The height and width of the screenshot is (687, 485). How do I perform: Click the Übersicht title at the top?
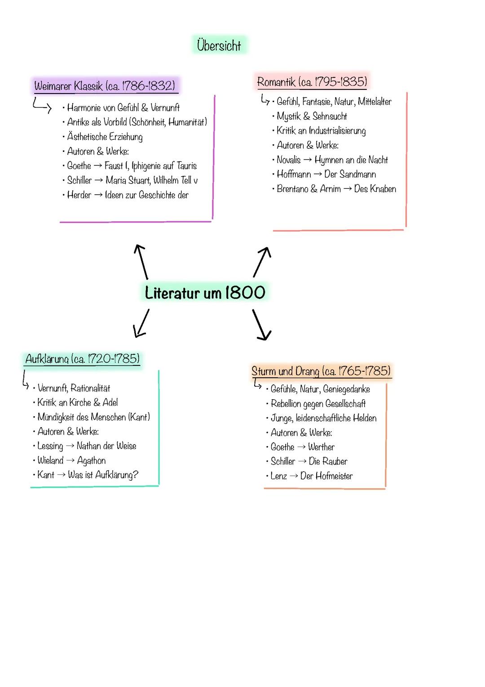pos(219,45)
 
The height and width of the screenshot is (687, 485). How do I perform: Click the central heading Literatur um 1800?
pos(205,293)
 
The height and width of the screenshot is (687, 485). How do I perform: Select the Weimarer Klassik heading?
pos(104,85)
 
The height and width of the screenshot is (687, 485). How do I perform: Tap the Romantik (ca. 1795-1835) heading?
pos(312,82)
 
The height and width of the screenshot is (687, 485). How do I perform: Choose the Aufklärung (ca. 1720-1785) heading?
pos(83,359)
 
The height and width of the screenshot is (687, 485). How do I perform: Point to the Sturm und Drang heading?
pos(321,371)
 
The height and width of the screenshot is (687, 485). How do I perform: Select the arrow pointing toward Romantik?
pos(262,262)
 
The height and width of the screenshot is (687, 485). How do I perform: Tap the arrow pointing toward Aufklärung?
pos(141,323)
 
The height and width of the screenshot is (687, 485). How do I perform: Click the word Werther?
pos(321,447)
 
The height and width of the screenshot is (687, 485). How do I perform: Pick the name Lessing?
pos(50,446)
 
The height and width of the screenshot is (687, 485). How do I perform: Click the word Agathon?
pos(92,460)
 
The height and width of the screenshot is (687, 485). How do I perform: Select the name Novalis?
pos(289,160)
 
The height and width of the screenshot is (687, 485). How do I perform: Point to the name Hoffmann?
pos(294,174)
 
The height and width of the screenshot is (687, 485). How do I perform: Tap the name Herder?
pos(79,195)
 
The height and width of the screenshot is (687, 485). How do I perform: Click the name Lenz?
pos(279,476)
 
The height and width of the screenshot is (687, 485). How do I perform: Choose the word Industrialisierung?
pos(337,131)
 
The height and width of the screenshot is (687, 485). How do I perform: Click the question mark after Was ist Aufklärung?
pos(136,475)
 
